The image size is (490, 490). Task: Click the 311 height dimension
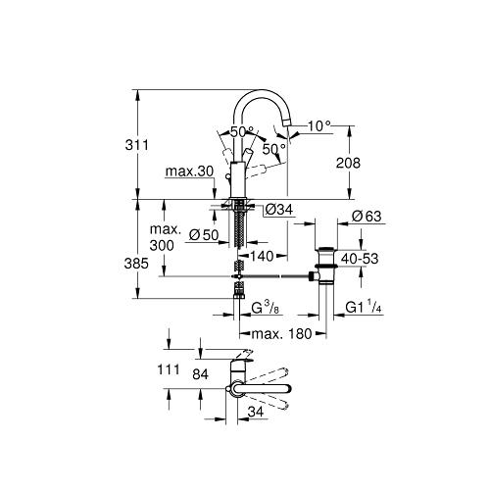[137, 145]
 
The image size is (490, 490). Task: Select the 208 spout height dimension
[348, 163]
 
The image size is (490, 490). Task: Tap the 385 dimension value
[136, 264]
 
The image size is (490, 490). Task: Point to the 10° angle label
[319, 125]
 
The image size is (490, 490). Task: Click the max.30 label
[189, 171]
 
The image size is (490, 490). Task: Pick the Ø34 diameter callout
[279, 210]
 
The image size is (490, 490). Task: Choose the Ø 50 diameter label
[204, 234]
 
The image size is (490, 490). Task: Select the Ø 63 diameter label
[367, 216]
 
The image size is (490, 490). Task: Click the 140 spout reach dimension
[262, 256]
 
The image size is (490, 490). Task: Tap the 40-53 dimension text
[360, 259]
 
